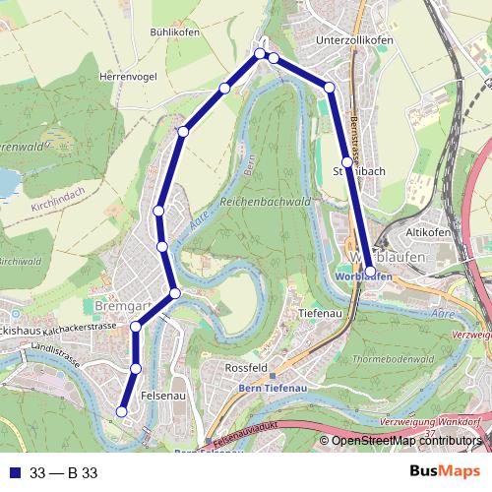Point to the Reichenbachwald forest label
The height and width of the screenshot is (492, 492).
[266, 201]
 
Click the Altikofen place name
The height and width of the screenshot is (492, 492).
[429, 232]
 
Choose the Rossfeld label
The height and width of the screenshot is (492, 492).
[247, 367]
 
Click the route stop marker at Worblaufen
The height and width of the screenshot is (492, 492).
[370, 271]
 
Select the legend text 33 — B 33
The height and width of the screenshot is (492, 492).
[64, 473]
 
